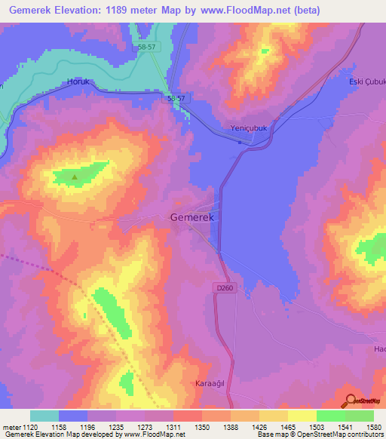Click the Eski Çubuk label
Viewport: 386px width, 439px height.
click(367, 81)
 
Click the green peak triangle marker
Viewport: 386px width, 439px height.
click(75, 177)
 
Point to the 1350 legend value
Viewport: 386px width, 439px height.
click(202, 428)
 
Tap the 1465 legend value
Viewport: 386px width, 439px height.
click(286, 428)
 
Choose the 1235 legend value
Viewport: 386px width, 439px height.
click(117, 428)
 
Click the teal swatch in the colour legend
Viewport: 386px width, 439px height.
click(44, 416)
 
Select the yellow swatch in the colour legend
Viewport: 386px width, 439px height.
click(302, 416)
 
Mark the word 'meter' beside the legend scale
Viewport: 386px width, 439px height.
click(11, 428)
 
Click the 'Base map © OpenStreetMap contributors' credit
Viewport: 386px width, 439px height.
click(319, 434)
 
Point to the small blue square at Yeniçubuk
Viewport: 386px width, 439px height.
click(240, 141)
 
